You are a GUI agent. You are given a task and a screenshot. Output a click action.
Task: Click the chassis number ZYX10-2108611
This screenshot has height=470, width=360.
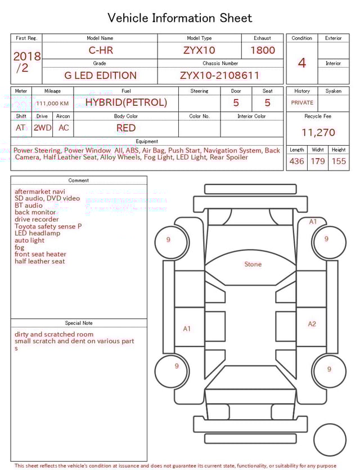tap(219, 75)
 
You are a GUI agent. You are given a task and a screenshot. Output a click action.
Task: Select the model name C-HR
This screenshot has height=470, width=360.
tap(101, 50)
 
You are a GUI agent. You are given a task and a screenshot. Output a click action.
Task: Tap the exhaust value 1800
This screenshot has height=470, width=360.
tap(262, 50)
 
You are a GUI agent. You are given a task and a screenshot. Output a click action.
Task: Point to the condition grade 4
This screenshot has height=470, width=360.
tap(302, 63)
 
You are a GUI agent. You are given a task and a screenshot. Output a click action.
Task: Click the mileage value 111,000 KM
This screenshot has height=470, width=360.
tap(52, 104)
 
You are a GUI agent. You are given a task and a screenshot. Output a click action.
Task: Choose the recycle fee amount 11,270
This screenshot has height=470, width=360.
tap(318, 132)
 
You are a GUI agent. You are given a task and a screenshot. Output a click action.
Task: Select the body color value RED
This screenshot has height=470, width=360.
tap(126, 128)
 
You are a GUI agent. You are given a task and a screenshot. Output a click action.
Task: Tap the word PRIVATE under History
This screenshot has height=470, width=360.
tap(302, 102)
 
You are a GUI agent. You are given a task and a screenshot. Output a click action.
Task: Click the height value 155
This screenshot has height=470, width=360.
tap(339, 161)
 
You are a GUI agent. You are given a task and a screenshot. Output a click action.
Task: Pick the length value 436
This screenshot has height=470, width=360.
tap(296, 161)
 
